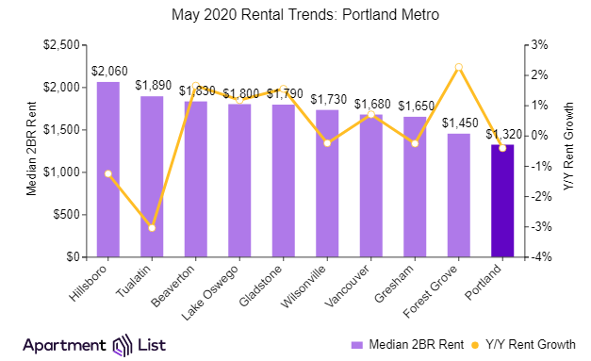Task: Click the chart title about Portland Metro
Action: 294,15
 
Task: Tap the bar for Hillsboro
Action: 108,170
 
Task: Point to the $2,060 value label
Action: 108,71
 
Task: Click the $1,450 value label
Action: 458,123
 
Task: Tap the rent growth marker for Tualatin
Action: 152,228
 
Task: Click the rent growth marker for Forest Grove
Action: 458,67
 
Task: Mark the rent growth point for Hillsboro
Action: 108,173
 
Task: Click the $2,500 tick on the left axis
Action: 61,44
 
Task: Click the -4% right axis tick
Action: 535,257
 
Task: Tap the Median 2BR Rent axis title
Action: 31,151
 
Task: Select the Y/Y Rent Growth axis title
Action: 568,151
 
